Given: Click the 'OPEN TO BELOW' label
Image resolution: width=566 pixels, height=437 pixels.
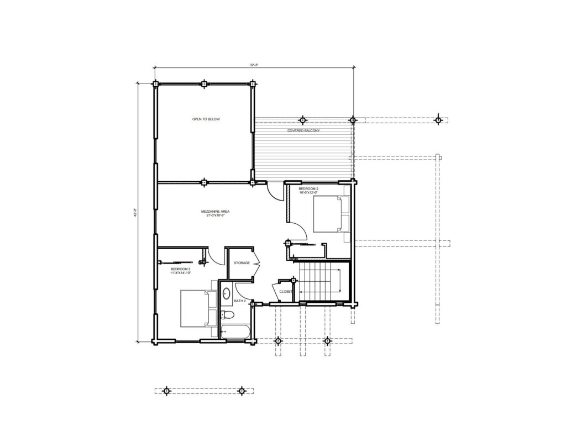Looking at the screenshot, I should pos(206,119).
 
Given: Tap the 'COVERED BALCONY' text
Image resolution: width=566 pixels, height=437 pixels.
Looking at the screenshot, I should pos(303,130).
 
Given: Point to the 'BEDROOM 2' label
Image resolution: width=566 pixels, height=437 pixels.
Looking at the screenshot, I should pos(308,189).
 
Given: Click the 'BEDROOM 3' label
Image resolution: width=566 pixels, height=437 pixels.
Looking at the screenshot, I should pos(181,269).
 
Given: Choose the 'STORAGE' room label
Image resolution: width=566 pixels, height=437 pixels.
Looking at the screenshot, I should pos(242,263).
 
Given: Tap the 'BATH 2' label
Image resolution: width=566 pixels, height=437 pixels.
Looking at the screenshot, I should pos(240,301).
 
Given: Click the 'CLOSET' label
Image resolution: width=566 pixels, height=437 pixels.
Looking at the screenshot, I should pos(285,291).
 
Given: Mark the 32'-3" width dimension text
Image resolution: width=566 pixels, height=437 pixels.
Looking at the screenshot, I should pos(254,65).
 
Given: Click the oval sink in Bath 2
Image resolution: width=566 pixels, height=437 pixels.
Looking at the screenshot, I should pos(227,293).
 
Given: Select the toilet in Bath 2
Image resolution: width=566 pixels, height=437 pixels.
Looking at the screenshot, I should pos(227,315).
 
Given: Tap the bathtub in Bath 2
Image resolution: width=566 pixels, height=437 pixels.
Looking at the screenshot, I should pos(235,331).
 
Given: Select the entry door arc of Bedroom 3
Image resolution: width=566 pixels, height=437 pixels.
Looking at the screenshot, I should pos(203,256).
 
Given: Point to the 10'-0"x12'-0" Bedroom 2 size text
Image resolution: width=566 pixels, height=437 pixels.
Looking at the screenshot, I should pos(308,193).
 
